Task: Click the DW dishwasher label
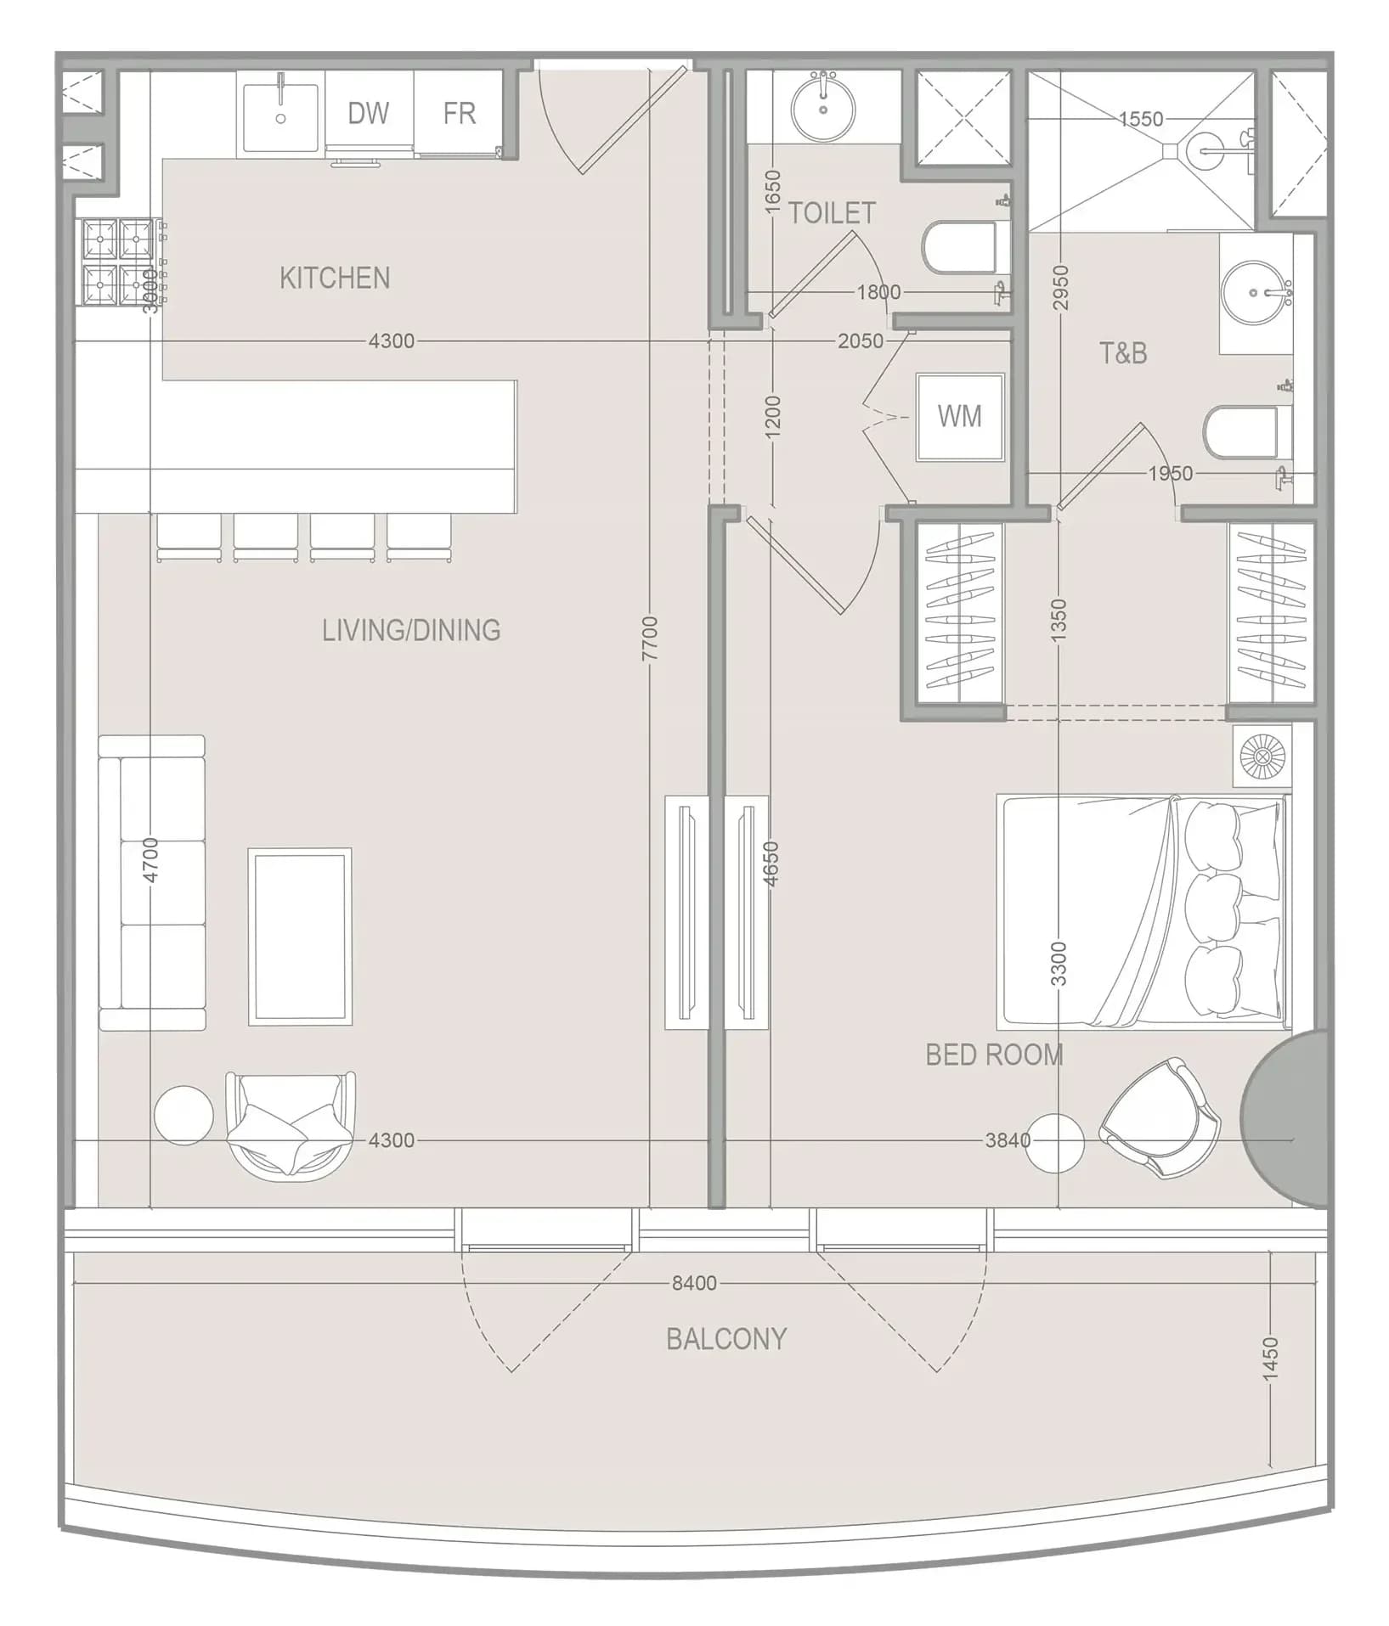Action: [368, 113]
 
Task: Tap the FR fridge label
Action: [459, 113]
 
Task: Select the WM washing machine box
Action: [960, 417]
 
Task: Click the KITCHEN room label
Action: [335, 278]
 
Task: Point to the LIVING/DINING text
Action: [411, 630]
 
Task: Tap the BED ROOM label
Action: [994, 1055]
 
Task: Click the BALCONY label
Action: [726, 1339]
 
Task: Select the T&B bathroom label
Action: [1123, 352]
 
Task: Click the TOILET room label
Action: [832, 213]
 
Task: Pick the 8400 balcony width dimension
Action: [694, 1283]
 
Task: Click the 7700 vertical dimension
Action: [650, 639]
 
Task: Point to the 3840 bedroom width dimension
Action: [1008, 1140]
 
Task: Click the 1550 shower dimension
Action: [1141, 119]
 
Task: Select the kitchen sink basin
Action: [281, 116]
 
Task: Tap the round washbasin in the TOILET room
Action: [823, 108]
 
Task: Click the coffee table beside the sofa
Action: [300, 937]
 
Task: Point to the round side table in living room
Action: [184, 1115]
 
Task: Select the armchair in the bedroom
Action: [1160, 1117]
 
